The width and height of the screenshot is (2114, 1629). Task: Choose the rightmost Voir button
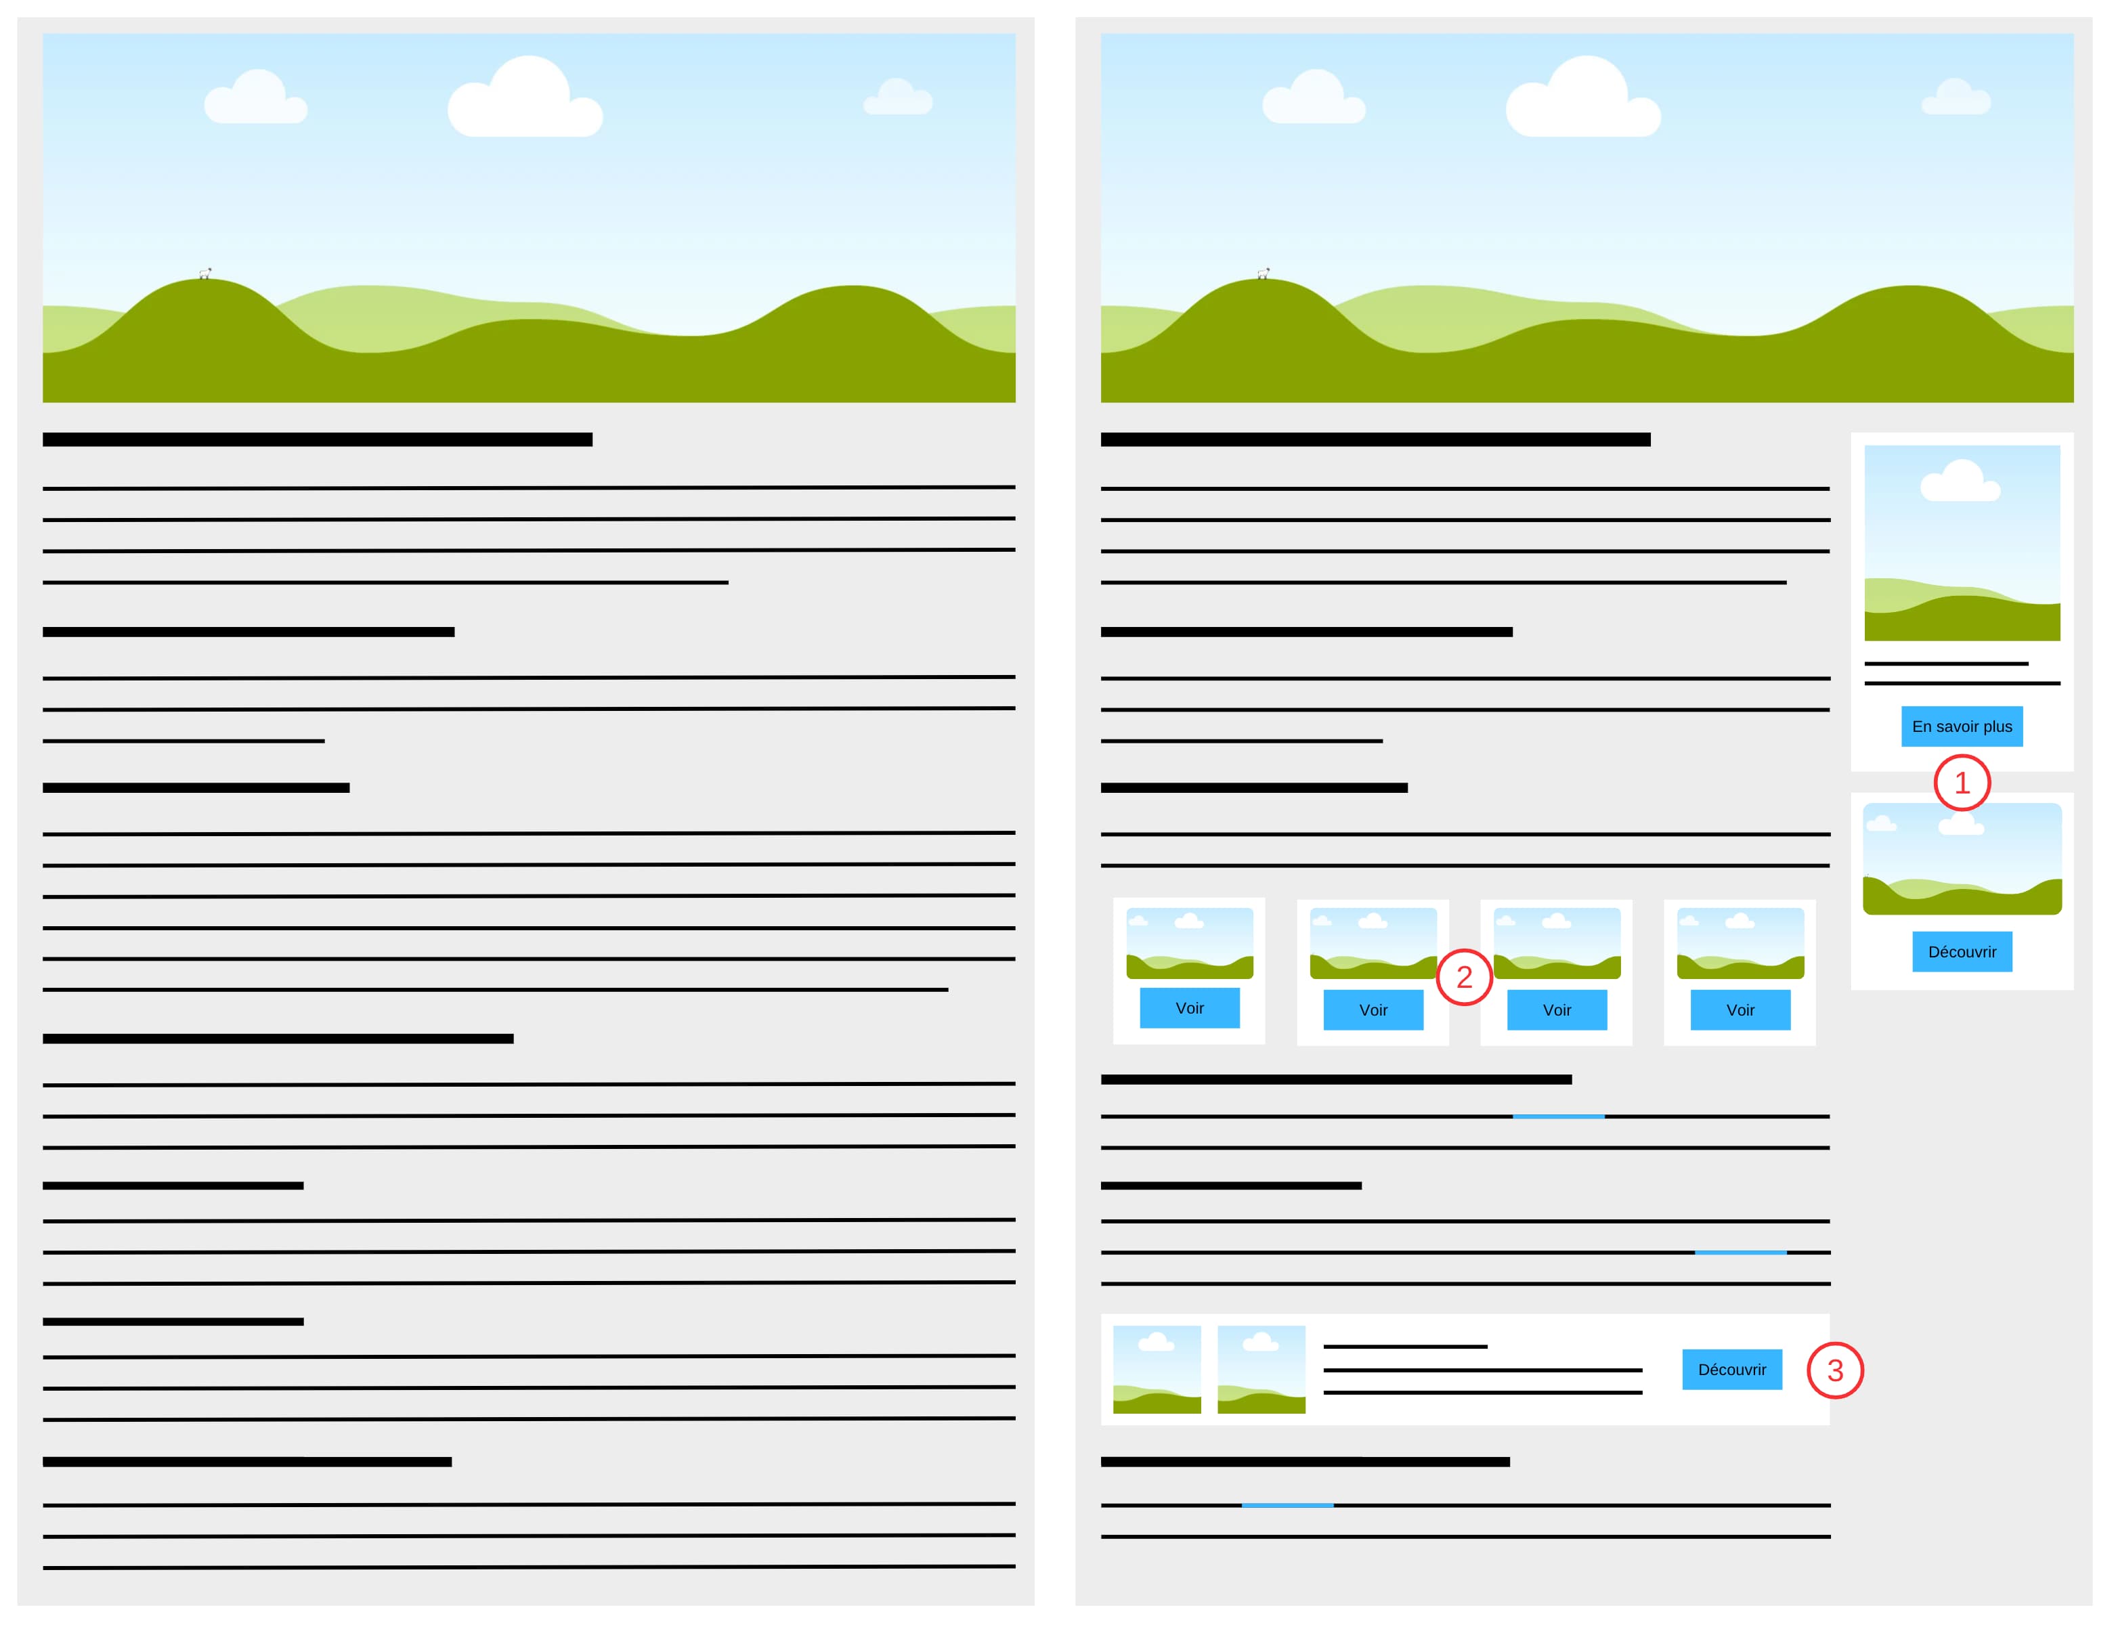point(1740,1009)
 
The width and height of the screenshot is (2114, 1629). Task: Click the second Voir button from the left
point(1373,1009)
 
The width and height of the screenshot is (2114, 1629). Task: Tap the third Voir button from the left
point(1557,1009)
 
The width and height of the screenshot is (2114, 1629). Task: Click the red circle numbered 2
point(1463,976)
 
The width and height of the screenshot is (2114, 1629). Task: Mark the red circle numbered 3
point(1834,1370)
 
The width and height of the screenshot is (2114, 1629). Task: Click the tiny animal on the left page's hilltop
point(205,274)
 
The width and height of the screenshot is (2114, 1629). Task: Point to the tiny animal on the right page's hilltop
point(1263,274)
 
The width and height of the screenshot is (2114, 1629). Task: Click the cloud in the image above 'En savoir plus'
point(1960,483)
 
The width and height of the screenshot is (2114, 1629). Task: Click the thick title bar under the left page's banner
point(318,439)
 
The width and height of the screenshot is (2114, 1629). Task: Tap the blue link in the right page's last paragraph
point(1287,1505)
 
